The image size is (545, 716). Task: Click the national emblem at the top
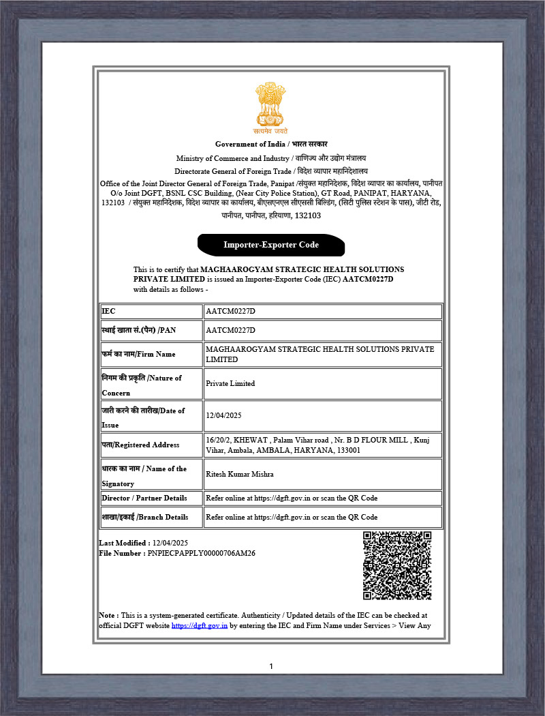click(x=271, y=108)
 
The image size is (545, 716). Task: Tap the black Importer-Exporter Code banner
click(x=271, y=245)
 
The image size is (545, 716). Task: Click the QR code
click(x=397, y=565)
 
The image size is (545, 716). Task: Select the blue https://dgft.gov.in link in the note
click(x=199, y=625)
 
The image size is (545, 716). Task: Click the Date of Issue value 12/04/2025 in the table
click(x=224, y=415)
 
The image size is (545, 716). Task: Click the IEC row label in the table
click(x=109, y=311)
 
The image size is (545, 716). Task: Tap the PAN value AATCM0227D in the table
click(x=230, y=330)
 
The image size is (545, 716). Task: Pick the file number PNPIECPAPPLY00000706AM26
click(x=201, y=553)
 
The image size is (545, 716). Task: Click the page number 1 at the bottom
click(x=271, y=666)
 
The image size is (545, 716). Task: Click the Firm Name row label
click(x=139, y=354)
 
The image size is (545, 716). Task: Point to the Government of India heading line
click(x=271, y=144)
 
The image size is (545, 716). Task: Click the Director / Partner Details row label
click(x=144, y=498)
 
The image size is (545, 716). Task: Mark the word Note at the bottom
click(x=107, y=615)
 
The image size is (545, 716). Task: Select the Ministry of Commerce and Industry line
click(x=271, y=158)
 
